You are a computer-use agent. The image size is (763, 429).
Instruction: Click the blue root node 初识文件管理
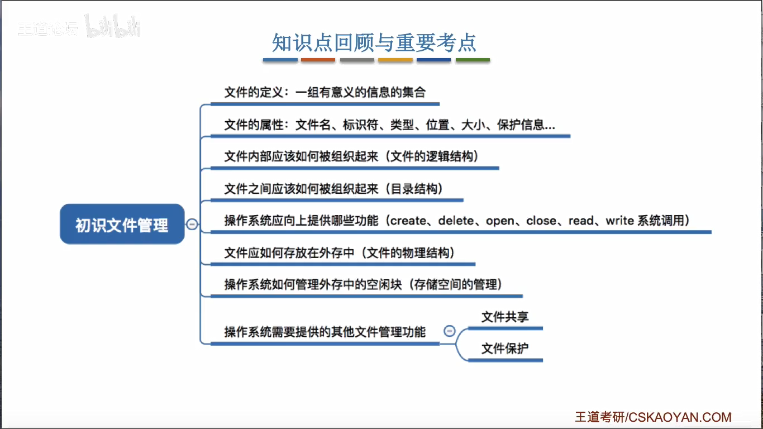click(x=122, y=225)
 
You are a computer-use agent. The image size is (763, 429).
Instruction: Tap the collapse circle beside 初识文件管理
click(x=192, y=224)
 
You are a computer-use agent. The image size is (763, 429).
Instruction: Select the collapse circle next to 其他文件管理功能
click(x=450, y=331)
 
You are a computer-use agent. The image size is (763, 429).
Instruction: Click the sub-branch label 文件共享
click(x=505, y=317)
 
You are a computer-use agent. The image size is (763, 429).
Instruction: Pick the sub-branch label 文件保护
click(x=505, y=349)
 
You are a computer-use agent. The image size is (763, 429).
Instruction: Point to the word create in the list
click(x=408, y=221)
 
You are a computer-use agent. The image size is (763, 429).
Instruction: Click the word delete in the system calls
click(x=456, y=221)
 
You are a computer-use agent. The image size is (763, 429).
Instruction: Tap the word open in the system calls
click(x=500, y=221)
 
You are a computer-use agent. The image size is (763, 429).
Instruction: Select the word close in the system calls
click(x=541, y=221)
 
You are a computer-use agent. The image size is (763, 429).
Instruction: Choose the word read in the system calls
click(x=581, y=221)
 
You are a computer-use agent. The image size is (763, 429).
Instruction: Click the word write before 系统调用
click(x=619, y=221)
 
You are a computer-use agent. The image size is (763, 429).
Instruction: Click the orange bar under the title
click(x=395, y=60)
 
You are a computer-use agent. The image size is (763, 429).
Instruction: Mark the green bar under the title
click(x=473, y=60)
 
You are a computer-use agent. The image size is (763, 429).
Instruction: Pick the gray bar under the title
click(x=357, y=60)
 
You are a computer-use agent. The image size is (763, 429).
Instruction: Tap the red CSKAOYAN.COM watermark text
click(x=679, y=417)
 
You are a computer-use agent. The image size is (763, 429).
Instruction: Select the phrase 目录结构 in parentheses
click(x=416, y=189)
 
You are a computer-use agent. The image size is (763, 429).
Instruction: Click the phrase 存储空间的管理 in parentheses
click(x=456, y=285)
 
